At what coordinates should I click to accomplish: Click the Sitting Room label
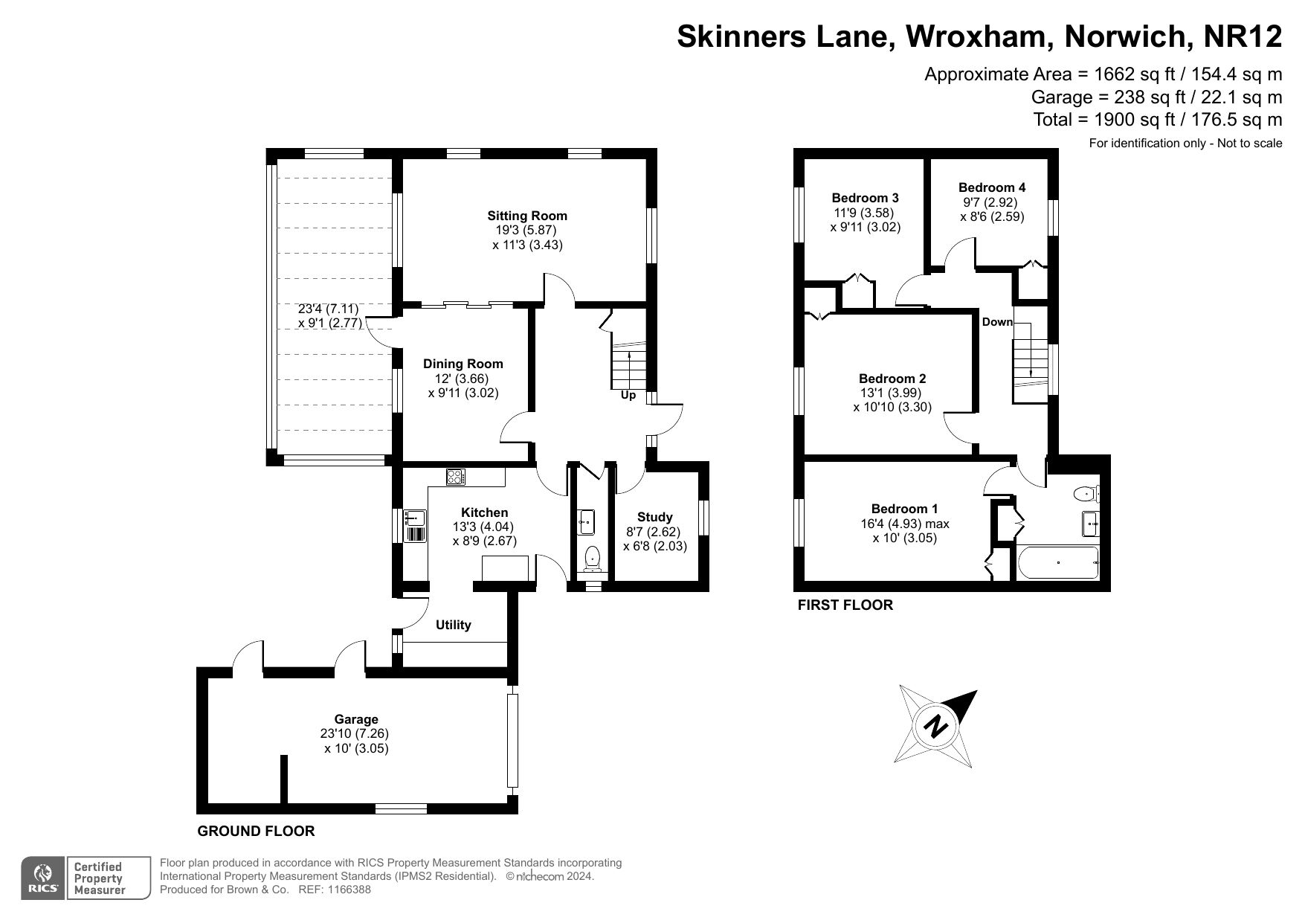527,216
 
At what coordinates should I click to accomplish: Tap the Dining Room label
463,364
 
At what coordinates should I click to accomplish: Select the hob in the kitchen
455,477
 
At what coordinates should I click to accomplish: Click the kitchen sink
414,518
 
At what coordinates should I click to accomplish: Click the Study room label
655,517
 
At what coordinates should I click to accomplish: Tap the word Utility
454,625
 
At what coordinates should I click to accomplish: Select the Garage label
356,719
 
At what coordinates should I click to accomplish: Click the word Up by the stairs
628,396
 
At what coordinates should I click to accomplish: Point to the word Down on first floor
998,322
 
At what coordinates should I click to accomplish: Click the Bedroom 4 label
992,187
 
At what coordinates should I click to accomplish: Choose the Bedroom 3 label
866,198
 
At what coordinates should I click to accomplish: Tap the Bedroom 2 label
892,379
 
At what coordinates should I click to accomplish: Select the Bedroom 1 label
904,509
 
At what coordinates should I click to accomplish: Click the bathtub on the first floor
1057,563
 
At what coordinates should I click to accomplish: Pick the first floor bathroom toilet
1086,493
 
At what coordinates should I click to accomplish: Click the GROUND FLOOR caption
256,831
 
